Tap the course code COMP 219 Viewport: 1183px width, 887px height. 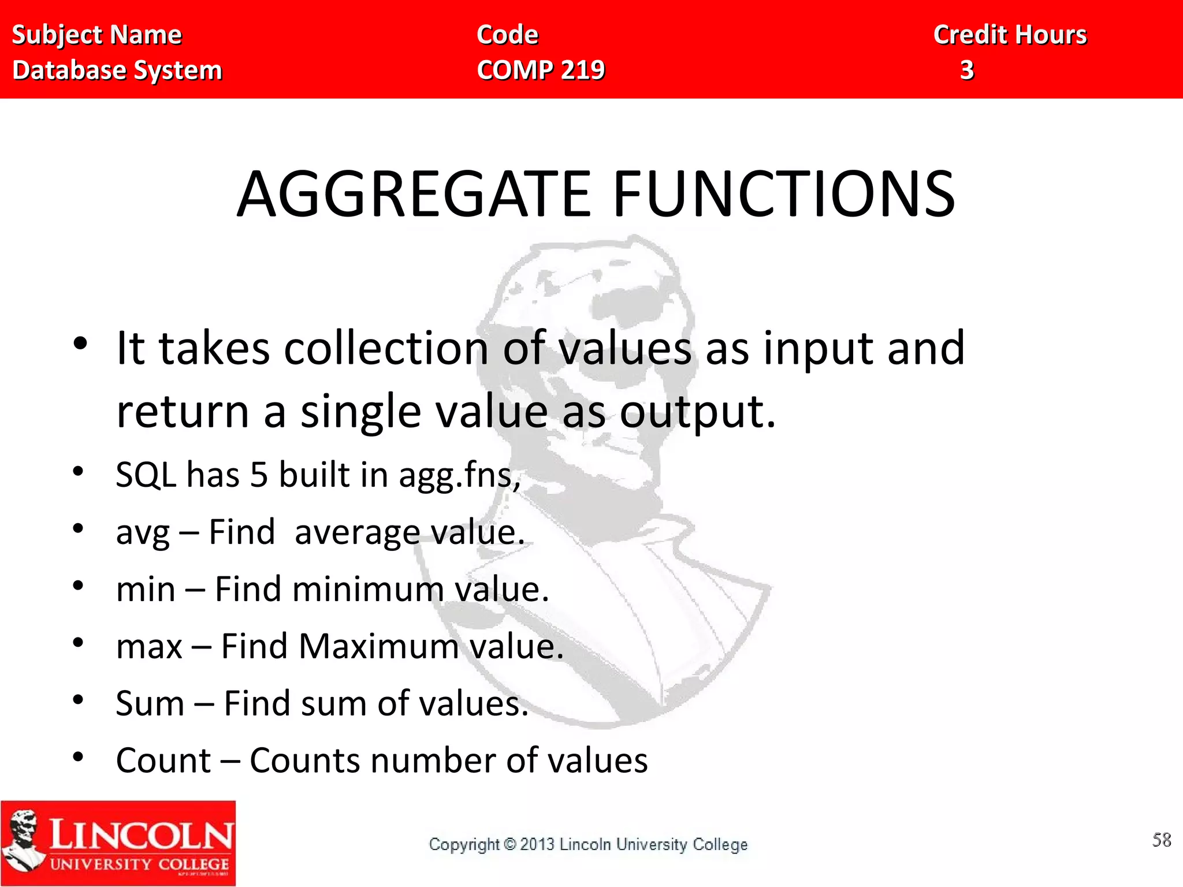tap(541, 70)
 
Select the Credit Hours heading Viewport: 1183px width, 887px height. tap(1010, 35)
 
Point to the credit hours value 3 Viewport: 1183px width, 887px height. tap(967, 70)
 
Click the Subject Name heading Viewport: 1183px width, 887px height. tap(97, 35)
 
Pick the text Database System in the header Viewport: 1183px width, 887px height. tap(117, 70)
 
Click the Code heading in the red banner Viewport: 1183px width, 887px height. tap(507, 35)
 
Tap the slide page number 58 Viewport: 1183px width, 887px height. tap(1162, 840)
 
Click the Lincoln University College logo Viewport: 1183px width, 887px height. tap(118, 843)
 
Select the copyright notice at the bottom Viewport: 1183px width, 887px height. tap(588, 844)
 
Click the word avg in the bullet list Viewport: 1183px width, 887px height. tap(143, 532)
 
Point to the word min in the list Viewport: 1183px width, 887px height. tap(146, 590)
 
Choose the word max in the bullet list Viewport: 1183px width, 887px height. tap(149, 647)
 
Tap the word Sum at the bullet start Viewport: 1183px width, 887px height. tap(150, 703)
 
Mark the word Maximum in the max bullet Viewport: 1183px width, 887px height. tap(379, 646)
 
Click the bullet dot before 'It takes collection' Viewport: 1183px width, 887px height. tap(80, 343)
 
